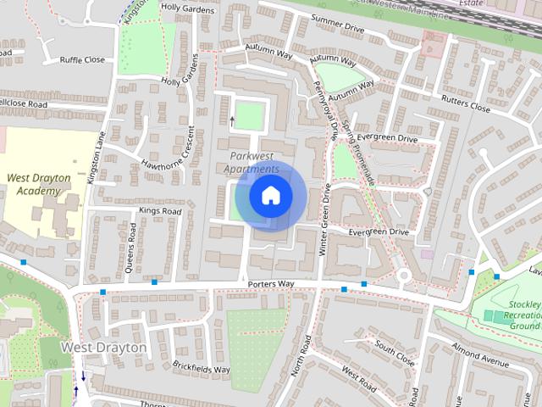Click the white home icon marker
click(x=270, y=195)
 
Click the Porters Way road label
click(x=271, y=283)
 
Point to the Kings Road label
click(x=161, y=210)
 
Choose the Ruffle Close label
click(x=82, y=60)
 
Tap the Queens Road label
click(x=133, y=245)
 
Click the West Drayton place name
click(x=104, y=348)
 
